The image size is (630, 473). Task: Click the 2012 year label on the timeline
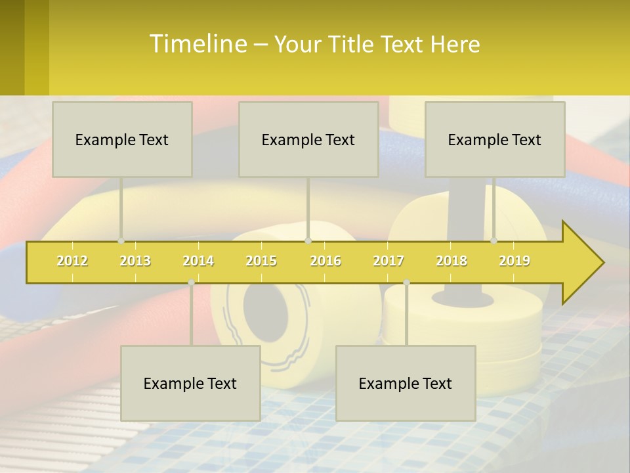coord(72,261)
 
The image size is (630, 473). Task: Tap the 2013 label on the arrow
coord(135,261)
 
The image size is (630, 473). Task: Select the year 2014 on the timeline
coord(198,261)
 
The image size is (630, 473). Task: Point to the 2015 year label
coord(261,261)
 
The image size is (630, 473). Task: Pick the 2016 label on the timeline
coord(325,261)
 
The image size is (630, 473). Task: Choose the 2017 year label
coord(388,261)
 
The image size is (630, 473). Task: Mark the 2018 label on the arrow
coord(451,261)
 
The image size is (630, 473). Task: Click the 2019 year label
coord(514,261)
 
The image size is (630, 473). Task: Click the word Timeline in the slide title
coord(197,44)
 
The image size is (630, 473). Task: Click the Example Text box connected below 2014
coord(190,383)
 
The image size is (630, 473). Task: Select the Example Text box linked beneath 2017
coord(406,383)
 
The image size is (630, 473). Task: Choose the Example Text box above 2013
coord(122,139)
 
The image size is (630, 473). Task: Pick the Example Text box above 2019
coord(495,139)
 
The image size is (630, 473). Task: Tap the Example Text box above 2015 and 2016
coord(308,139)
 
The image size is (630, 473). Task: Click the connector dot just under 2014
coord(191,282)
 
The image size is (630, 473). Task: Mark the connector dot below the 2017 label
coord(406,282)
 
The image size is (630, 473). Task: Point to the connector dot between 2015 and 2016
coord(308,241)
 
